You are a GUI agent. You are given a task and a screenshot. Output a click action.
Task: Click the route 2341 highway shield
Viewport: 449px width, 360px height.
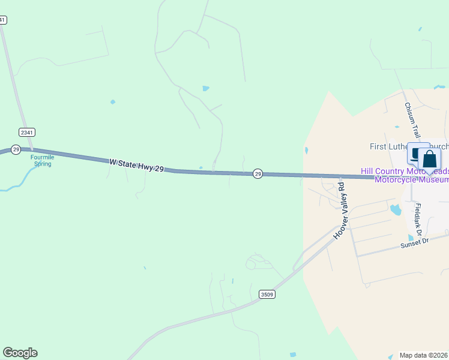point(26,131)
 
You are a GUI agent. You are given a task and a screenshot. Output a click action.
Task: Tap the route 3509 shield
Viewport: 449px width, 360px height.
point(267,294)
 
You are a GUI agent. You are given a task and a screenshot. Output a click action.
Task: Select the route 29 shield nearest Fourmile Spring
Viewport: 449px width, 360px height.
point(16,149)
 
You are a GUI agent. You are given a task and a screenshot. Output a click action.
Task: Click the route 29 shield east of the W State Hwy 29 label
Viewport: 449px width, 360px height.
point(258,173)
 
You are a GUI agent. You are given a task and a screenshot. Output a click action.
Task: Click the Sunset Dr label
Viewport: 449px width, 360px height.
point(418,241)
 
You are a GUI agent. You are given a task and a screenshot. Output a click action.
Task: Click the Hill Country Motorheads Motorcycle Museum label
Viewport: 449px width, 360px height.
point(405,175)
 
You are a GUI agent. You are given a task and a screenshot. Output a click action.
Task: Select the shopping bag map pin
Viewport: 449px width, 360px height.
point(429,159)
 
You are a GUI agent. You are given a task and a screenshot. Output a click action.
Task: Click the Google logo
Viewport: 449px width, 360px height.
point(20,353)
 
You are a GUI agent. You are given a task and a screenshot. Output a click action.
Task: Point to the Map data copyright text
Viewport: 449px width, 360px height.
point(424,355)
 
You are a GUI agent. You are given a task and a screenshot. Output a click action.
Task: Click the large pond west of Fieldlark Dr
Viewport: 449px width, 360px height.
point(395,209)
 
